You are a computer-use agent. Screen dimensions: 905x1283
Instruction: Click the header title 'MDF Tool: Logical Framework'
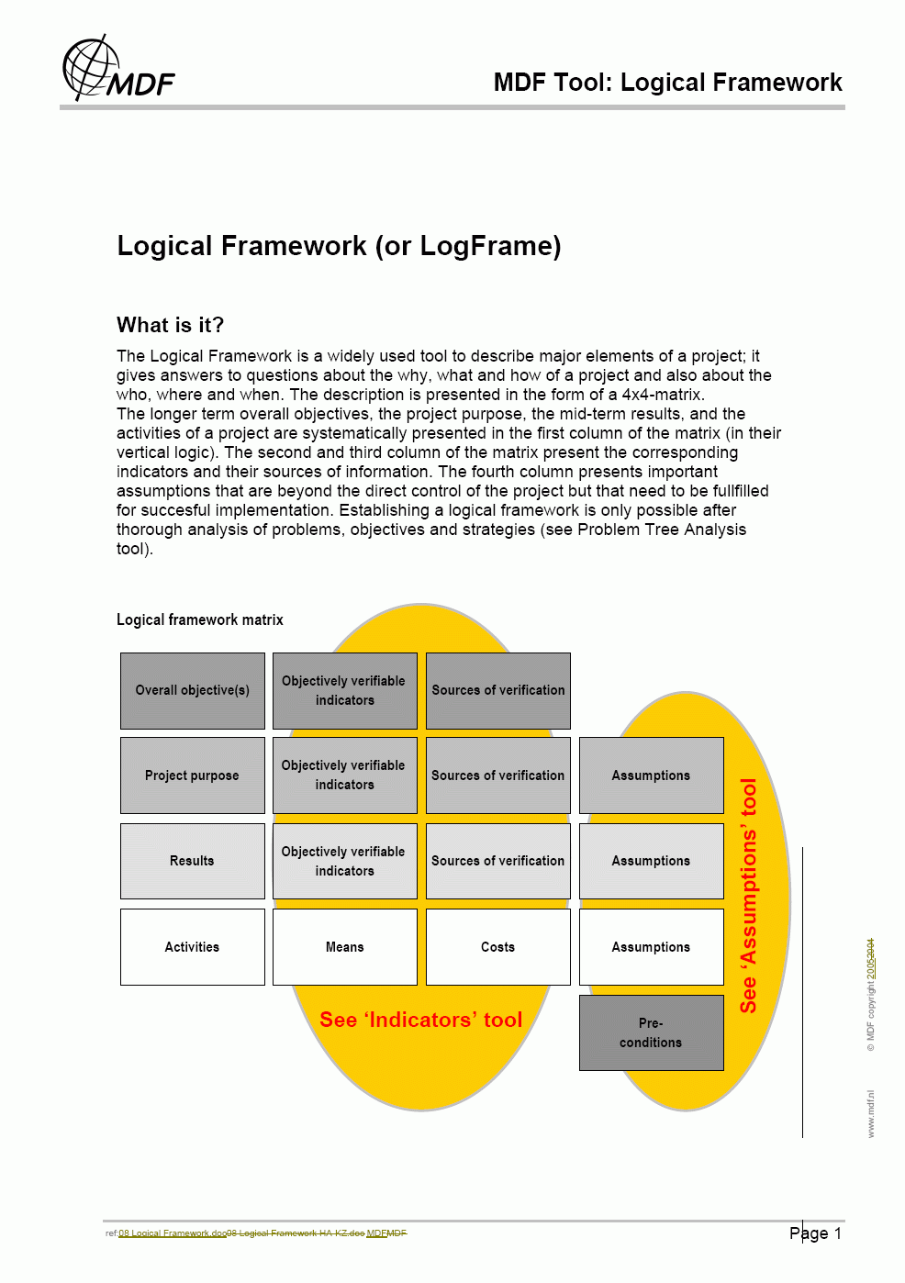coord(667,83)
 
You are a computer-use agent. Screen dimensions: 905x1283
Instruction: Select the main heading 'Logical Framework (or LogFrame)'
coord(339,246)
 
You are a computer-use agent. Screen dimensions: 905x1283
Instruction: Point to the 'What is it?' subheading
coord(170,325)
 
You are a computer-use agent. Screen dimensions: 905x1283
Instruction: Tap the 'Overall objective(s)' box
coord(193,690)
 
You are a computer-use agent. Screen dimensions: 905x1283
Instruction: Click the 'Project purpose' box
coord(193,775)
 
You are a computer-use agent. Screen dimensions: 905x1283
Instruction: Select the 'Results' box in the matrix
coord(193,861)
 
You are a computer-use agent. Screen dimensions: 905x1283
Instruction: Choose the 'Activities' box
coord(193,947)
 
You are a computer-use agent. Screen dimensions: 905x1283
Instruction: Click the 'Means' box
coord(345,947)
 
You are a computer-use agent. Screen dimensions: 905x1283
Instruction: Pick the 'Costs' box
coord(498,947)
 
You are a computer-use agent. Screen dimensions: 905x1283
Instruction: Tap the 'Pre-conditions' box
coord(651,1032)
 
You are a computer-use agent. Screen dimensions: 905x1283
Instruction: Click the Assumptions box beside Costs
coord(651,947)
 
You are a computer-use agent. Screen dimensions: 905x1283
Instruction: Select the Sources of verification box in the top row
coord(498,690)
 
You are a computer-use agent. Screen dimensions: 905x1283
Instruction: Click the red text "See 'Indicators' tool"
coord(420,1020)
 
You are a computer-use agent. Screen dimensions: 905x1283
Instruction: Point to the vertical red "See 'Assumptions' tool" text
coord(749,895)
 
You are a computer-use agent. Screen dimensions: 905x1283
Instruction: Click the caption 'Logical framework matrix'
coord(200,620)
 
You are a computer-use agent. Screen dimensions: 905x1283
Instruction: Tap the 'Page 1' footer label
coord(815,1233)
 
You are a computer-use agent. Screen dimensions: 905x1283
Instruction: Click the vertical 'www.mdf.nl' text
coord(871,1114)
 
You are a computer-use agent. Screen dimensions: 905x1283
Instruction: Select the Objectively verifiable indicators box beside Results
coord(345,861)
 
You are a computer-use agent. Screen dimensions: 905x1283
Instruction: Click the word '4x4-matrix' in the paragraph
coord(663,395)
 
